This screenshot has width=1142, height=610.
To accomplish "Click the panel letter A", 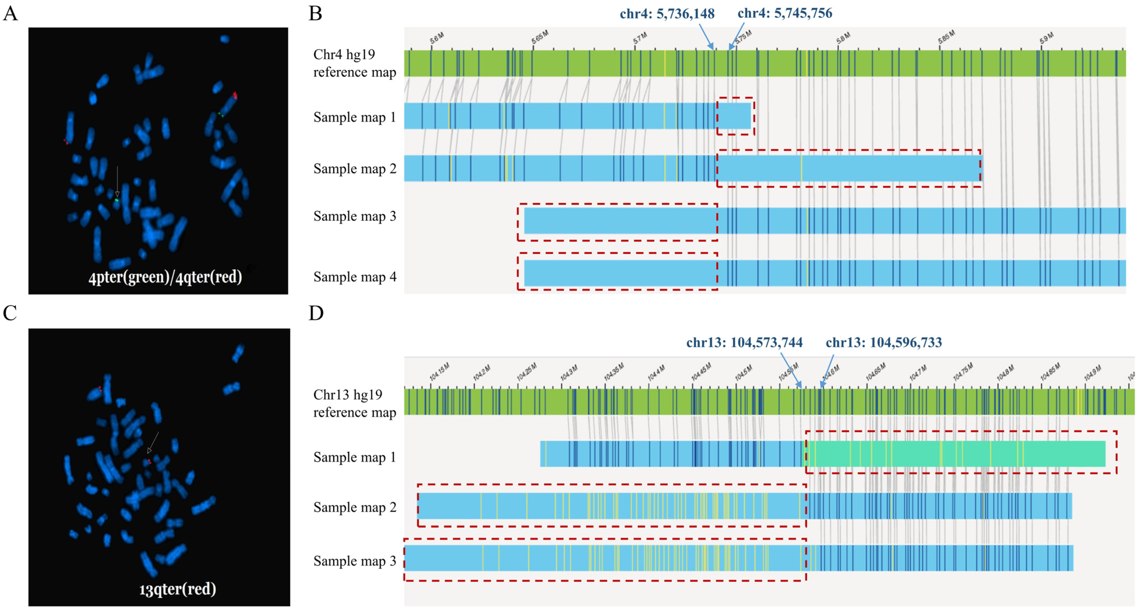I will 10,13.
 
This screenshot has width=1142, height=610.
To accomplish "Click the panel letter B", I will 315,13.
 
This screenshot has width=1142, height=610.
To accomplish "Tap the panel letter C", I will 10,313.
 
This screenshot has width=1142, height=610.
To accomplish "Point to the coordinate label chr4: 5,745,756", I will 785,13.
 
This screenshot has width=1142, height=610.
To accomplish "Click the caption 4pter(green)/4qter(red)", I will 165,277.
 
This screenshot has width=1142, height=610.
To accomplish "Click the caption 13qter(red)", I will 177,589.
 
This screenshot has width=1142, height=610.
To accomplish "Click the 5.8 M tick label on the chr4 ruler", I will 843,38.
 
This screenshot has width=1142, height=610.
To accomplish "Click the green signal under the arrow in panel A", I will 117,200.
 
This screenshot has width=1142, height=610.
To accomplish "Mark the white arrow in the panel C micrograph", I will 153,442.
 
